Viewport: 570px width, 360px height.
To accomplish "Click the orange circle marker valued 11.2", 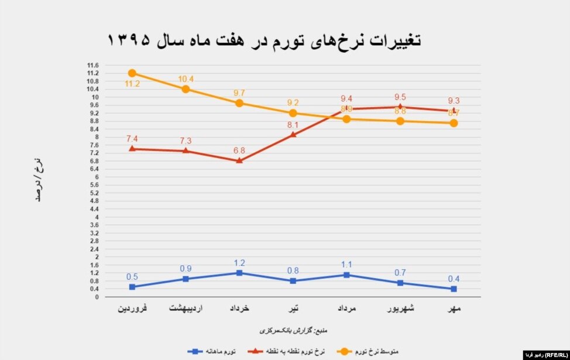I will (x=132, y=73).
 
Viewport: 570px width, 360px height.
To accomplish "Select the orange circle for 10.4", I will (x=186, y=89).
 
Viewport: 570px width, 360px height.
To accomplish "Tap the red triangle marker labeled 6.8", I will (x=239, y=160).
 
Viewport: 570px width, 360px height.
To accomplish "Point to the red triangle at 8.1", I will (x=293, y=135).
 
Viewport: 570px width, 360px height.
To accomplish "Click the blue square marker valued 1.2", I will (x=239, y=273).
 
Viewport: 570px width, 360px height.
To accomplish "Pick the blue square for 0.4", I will (x=454, y=289).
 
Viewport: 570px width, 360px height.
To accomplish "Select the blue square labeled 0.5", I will (x=132, y=287).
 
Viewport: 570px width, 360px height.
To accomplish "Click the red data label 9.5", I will (x=400, y=98).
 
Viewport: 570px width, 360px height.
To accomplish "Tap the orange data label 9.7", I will (x=239, y=93).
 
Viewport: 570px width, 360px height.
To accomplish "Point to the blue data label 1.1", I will (x=346, y=264).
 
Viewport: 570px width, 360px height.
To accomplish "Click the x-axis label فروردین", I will (x=132, y=308).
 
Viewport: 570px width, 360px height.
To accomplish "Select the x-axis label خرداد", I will (x=239, y=308).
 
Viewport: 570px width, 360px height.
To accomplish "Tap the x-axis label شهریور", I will (x=400, y=308).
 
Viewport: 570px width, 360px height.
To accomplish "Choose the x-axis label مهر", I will (x=454, y=308).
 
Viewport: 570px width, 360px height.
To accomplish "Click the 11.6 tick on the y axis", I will (x=92, y=65).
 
